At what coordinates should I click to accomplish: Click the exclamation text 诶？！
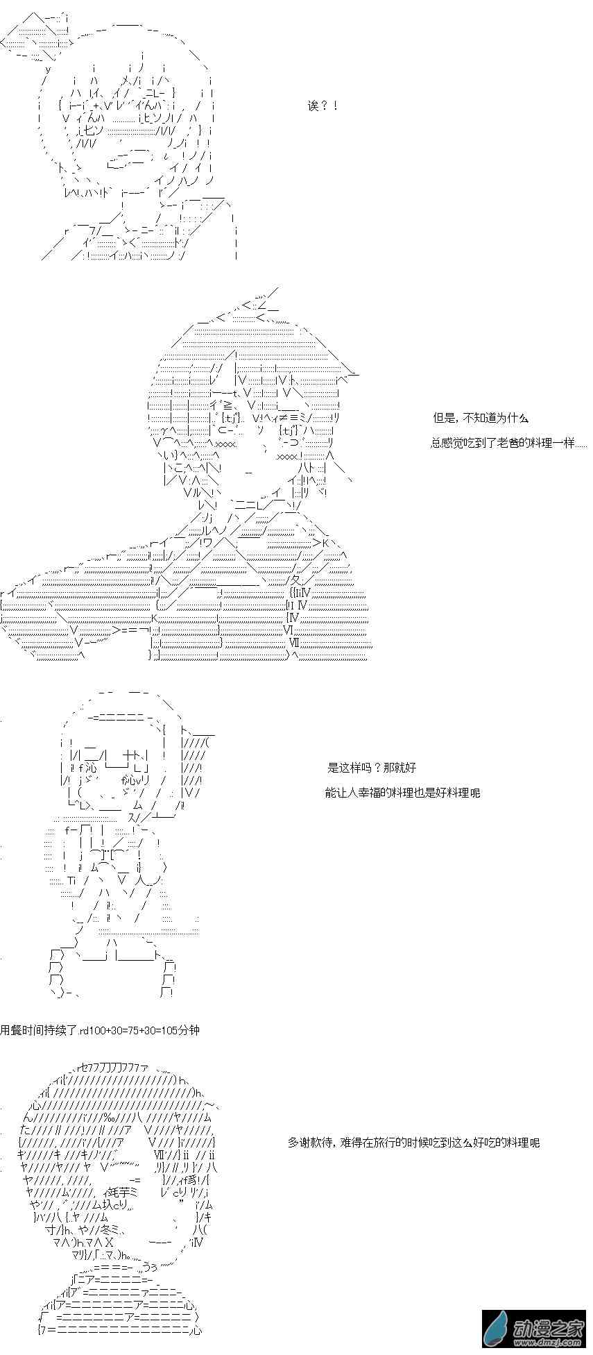click(322, 106)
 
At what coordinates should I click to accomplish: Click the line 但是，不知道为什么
click(481, 418)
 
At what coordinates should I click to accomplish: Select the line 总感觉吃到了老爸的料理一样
click(508, 443)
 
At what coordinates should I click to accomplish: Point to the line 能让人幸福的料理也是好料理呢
click(402, 792)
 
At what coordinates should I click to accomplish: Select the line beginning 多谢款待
click(413, 1142)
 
